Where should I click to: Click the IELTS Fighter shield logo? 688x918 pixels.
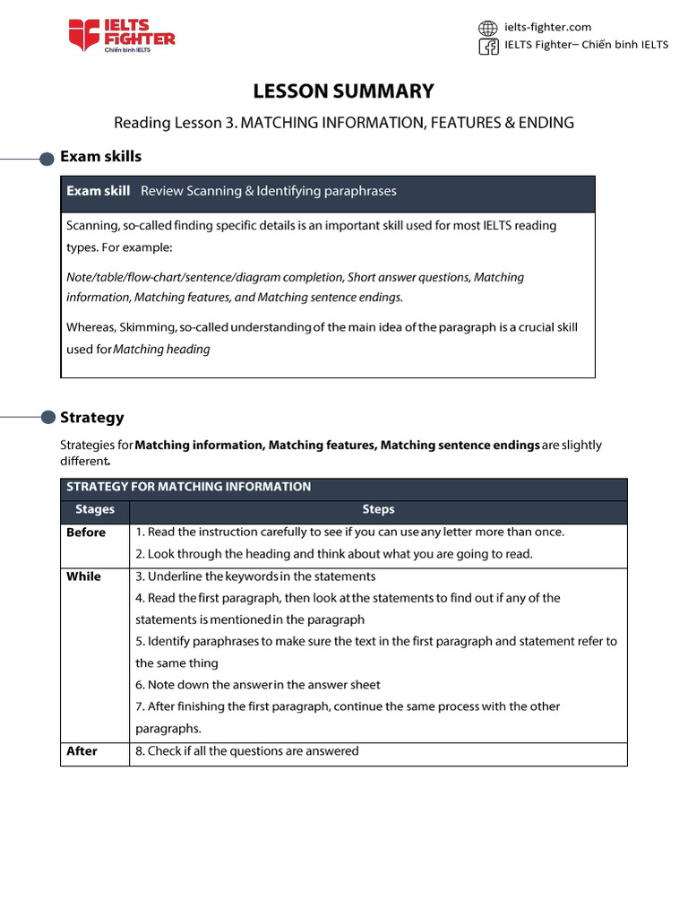tap(85, 35)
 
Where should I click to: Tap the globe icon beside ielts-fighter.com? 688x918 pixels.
tap(488, 28)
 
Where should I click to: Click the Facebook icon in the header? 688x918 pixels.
tap(488, 46)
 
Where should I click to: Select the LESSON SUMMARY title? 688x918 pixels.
tap(343, 91)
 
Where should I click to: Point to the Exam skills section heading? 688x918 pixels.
tap(100, 157)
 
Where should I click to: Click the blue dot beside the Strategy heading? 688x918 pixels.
tap(47, 417)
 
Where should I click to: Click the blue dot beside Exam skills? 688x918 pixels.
tap(47, 159)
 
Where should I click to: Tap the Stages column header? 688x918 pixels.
tap(95, 510)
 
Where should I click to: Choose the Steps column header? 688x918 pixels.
tap(378, 510)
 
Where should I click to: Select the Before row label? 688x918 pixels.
tap(86, 533)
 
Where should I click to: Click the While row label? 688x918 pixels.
tap(83, 576)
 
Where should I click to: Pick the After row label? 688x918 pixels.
tap(82, 751)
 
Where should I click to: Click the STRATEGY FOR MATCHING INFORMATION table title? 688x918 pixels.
tap(189, 488)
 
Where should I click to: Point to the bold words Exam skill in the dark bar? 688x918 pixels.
tap(99, 191)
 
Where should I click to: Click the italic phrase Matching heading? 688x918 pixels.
tap(162, 350)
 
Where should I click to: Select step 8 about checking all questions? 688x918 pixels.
tap(246, 751)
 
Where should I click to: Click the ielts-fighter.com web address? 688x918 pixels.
tap(548, 28)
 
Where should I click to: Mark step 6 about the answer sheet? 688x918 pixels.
tap(258, 685)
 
